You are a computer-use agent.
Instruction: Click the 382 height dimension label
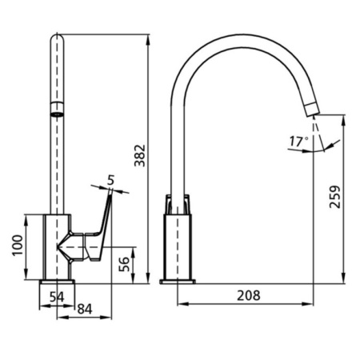click(140, 156)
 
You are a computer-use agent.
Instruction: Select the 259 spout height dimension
click(335, 197)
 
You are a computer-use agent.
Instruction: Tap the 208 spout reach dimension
click(249, 295)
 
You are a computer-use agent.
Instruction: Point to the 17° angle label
click(299, 142)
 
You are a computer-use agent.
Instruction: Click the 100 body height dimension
click(18, 245)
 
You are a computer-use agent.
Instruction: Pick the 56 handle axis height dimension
click(124, 264)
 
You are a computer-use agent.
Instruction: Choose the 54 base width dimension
click(57, 297)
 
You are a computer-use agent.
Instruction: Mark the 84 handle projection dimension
click(85, 309)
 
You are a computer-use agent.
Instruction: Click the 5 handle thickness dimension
click(110, 180)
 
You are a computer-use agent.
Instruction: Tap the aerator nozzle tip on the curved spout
click(312, 110)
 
